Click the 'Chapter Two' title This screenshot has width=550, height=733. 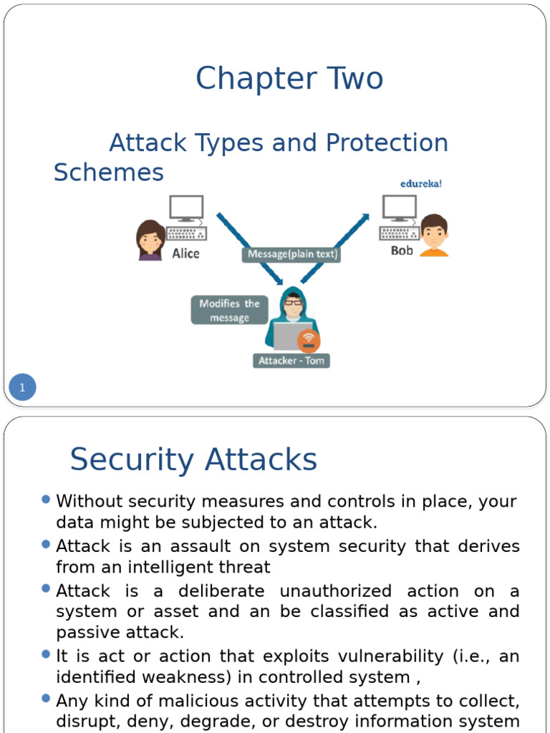pos(289,79)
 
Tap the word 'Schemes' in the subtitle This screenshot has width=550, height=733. pos(109,173)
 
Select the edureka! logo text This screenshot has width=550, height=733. pos(421,183)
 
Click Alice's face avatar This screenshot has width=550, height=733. pos(150,240)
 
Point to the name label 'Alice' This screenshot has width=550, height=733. pos(185,253)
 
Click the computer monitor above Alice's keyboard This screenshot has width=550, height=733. pos(186,208)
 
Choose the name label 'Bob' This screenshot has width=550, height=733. pos(402,251)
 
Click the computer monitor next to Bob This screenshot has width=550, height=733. pos(399,208)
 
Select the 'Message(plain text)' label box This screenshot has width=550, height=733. pos(291,254)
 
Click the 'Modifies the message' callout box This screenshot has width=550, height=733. pos(229,311)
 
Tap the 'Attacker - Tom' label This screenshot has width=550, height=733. pos(291,361)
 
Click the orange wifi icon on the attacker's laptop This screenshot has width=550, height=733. pos(309,339)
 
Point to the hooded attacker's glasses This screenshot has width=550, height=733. pos(293,303)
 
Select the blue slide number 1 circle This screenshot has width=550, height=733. pos(22,388)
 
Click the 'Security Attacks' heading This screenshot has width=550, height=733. pos(193,460)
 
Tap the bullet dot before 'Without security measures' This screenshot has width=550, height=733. pos(47,499)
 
